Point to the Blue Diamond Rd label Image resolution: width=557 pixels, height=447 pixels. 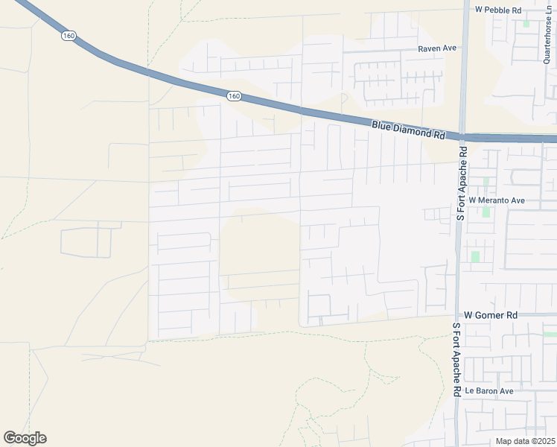coord(408,131)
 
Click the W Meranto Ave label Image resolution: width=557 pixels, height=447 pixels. coord(497,200)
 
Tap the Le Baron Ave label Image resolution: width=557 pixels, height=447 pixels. coord(489,390)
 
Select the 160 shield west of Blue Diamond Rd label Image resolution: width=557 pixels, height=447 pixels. coord(234,95)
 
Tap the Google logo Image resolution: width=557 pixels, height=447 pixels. coord(25,438)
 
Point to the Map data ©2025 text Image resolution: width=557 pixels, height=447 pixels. coord(526,441)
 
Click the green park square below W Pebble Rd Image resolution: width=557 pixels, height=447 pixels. coord(526,23)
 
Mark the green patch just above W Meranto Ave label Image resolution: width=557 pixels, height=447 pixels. coord(486,181)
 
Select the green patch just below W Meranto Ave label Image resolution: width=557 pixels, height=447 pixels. coord(486,212)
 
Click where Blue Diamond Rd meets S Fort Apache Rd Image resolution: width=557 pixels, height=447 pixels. coord(463,138)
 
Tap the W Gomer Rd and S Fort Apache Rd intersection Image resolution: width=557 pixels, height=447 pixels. coord(456,315)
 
